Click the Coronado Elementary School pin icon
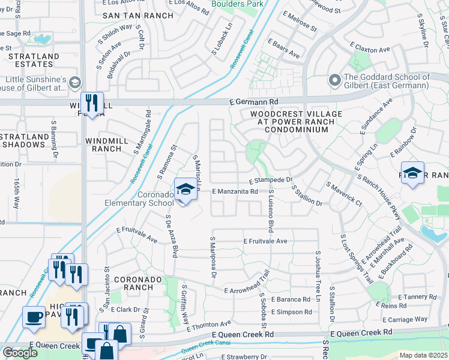click(x=186, y=190)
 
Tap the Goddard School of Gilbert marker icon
click(x=334, y=79)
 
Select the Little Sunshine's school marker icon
click(x=75, y=82)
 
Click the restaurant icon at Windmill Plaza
click(x=92, y=103)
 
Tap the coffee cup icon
click(x=34, y=316)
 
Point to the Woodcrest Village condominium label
click(x=296, y=121)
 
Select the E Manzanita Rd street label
click(x=235, y=191)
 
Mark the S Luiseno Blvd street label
click(x=271, y=209)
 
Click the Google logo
click(x=20, y=353)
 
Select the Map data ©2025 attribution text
click(x=423, y=355)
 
